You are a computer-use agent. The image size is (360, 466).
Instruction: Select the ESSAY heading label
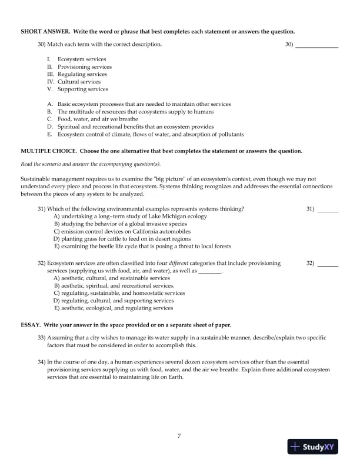(32, 325)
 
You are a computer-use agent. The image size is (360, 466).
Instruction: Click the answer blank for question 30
(316, 45)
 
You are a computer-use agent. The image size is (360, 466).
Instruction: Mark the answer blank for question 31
(328, 210)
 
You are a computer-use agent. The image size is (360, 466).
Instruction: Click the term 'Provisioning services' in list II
(84, 67)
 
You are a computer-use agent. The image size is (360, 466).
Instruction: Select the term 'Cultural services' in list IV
(79, 82)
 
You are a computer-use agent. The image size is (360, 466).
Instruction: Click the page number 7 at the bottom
(179, 436)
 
